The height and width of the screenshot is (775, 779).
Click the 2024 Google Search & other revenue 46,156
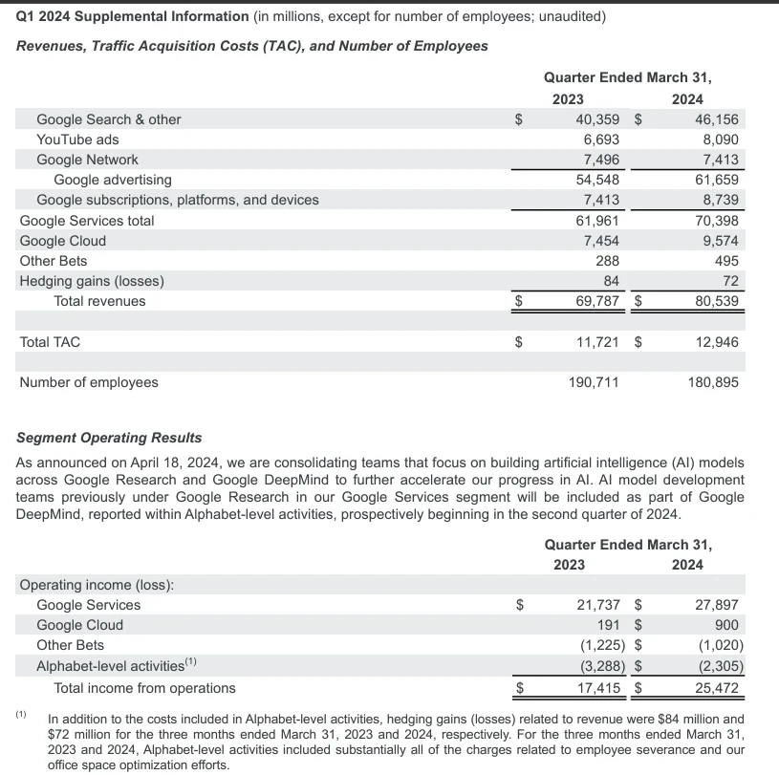click(715, 119)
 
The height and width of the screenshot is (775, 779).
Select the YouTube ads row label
click(77, 140)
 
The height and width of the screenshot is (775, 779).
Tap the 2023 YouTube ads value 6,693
click(600, 140)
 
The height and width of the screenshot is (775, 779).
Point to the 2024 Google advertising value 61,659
click(715, 180)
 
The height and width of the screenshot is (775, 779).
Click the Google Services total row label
click(86, 221)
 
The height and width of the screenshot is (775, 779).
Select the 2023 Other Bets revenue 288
click(607, 261)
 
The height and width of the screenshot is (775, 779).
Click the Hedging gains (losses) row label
click(92, 281)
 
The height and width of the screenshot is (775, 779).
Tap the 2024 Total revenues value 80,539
click(715, 301)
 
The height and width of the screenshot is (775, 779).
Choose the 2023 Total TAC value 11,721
click(596, 342)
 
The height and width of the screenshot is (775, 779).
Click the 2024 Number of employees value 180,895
click(713, 382)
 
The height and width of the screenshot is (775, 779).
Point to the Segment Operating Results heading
click(110, 438)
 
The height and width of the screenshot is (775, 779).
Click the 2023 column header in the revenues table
click(568, 99)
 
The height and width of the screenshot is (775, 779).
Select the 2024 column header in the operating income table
click(687, 565)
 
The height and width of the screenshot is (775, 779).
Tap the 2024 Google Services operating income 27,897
click(716, 605)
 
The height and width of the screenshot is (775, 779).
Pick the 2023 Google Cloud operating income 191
click(609, 625)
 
